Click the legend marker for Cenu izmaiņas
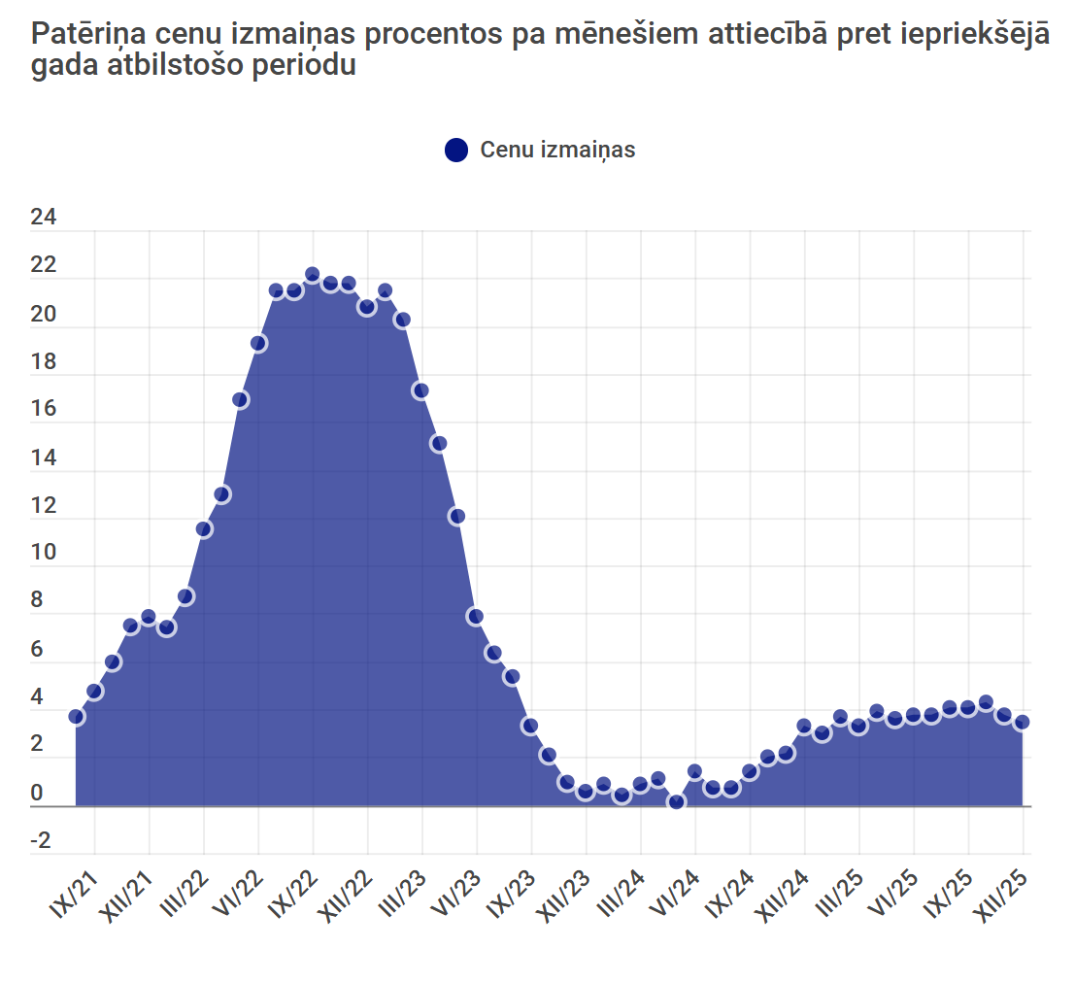pos(456,151)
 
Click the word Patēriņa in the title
pos(88,35)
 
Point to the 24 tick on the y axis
pos(44,219)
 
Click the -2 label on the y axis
pos(41,840)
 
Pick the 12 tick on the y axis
pos(44,506)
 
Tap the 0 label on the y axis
pos(38,793)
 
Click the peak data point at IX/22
pos(313,275)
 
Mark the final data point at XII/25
pos(1022,723)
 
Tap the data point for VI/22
pos(258,343)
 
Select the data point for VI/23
pos(475,616)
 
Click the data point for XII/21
pos(149,617)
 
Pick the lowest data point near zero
pos(677,801)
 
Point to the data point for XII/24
pos(804,726)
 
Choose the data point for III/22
pos(204,528)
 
